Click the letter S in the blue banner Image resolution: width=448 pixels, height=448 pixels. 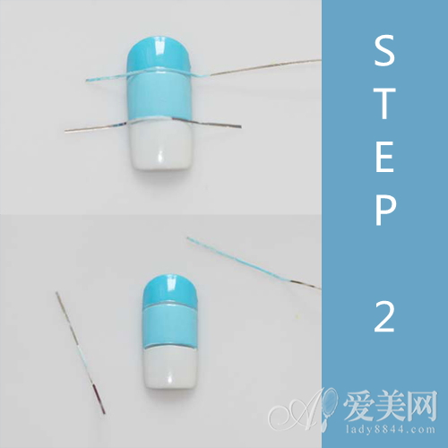[384, 50]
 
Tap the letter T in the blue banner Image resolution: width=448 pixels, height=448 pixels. [384, 103]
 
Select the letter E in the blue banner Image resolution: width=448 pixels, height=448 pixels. [384, 157]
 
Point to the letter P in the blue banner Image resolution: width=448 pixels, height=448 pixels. [385, 210]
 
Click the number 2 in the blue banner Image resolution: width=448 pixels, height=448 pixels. [384, 316]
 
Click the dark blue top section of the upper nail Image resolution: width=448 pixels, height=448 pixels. [159, 56]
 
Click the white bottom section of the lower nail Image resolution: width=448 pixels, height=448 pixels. [170, 367]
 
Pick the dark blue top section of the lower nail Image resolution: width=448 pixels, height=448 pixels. [169, 289]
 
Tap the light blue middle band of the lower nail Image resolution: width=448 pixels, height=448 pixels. [170, 326]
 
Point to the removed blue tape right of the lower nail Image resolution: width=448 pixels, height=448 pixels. [254, 263]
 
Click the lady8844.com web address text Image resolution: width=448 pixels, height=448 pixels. [391, 429]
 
